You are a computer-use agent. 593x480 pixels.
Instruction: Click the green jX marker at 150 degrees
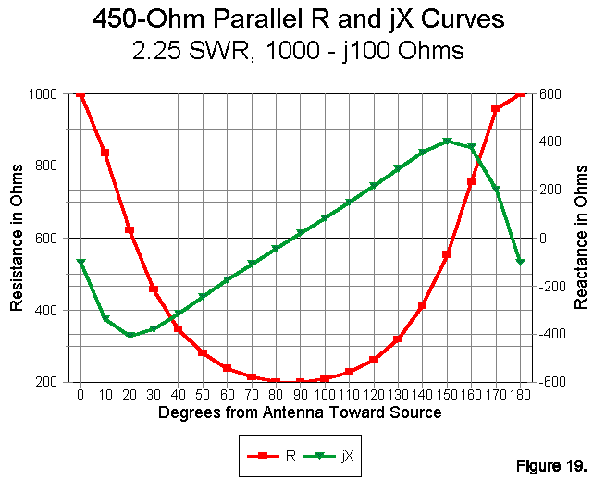pos(447,142)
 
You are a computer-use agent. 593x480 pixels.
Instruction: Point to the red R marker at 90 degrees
pos(300,382)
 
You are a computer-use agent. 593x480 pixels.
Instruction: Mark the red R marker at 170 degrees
pos(496,109)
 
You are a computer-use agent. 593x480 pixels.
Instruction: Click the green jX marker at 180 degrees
pos(520,262)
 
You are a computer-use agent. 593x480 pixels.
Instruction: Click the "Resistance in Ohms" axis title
pos(17,238)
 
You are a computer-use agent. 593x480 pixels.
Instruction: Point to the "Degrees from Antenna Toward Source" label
pos(300,412)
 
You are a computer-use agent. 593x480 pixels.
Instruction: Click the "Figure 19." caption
pos(549,463)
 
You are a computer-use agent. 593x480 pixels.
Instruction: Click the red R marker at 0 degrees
pos(80,93)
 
